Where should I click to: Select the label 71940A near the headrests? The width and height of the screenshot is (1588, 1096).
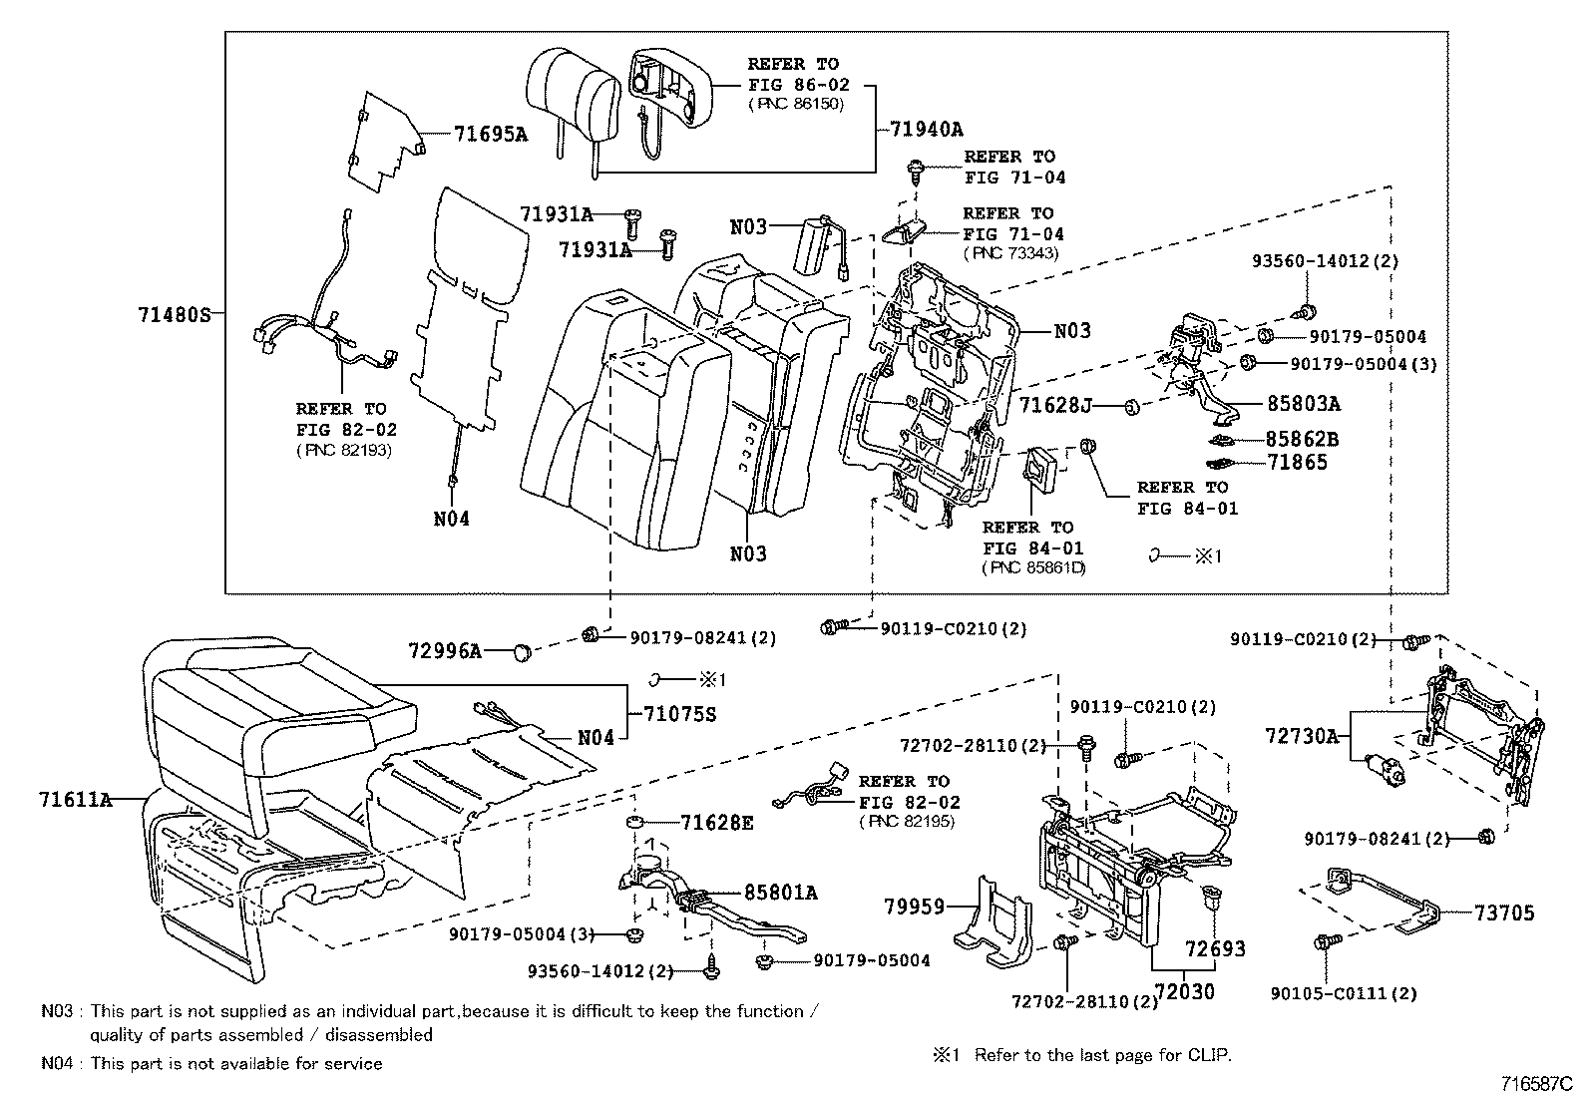[927, 130]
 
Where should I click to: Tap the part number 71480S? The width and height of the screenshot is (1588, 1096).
[175, 315]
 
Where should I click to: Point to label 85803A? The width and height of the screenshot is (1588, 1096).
[1303, 404]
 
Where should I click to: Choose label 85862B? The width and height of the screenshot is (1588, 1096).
[1303, 439]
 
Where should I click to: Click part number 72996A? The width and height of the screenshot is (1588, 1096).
[445, 651]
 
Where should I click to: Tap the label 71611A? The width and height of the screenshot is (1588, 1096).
[76, 799]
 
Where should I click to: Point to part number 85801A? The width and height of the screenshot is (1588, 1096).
[780, 893]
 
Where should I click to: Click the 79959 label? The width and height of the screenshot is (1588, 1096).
[913, 907]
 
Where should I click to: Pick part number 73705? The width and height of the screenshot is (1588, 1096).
[1504, 913]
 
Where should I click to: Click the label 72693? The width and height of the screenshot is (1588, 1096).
[1215, 948]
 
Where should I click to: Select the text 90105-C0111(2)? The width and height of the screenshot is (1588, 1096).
[1344, 993]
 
